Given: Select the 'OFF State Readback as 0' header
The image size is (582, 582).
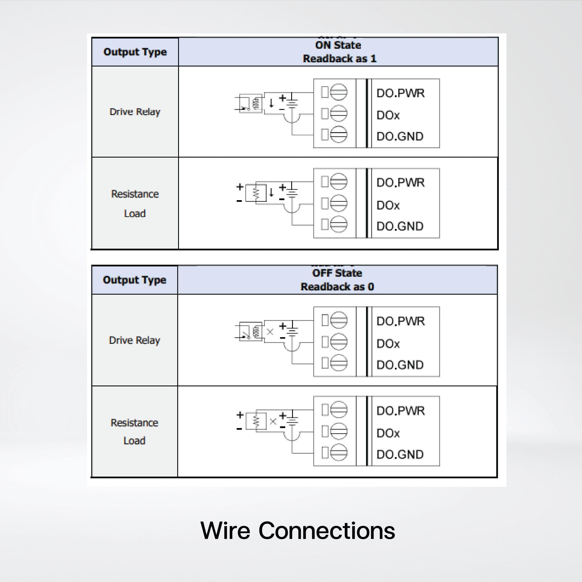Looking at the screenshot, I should point(337,280).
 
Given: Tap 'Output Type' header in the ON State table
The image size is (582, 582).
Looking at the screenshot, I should point(135,52).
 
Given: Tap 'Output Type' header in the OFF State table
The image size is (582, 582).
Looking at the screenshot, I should point(134,280).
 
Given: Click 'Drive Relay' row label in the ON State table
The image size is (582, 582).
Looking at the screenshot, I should point(135,112).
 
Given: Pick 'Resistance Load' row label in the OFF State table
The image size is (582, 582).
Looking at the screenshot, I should point(134,431).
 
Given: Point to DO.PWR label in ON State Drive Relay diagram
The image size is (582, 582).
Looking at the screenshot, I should point(400,93).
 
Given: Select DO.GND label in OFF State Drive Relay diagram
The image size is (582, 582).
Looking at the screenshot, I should point(400,365).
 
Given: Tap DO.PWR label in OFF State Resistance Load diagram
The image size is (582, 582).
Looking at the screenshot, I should point(400,411).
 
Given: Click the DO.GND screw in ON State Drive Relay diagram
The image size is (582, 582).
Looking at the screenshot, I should point(339,134).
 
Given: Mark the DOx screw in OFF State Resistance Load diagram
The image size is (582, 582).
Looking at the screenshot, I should point(339,431).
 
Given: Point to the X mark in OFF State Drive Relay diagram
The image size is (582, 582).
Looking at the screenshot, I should point(270,332).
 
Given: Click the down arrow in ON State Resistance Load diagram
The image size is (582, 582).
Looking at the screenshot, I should point(271,192).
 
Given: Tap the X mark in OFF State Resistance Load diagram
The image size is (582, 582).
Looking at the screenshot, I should point(273,421).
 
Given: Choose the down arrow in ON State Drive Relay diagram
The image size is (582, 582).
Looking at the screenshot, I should point(271,103).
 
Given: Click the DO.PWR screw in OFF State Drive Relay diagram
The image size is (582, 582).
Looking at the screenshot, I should point(339,320).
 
